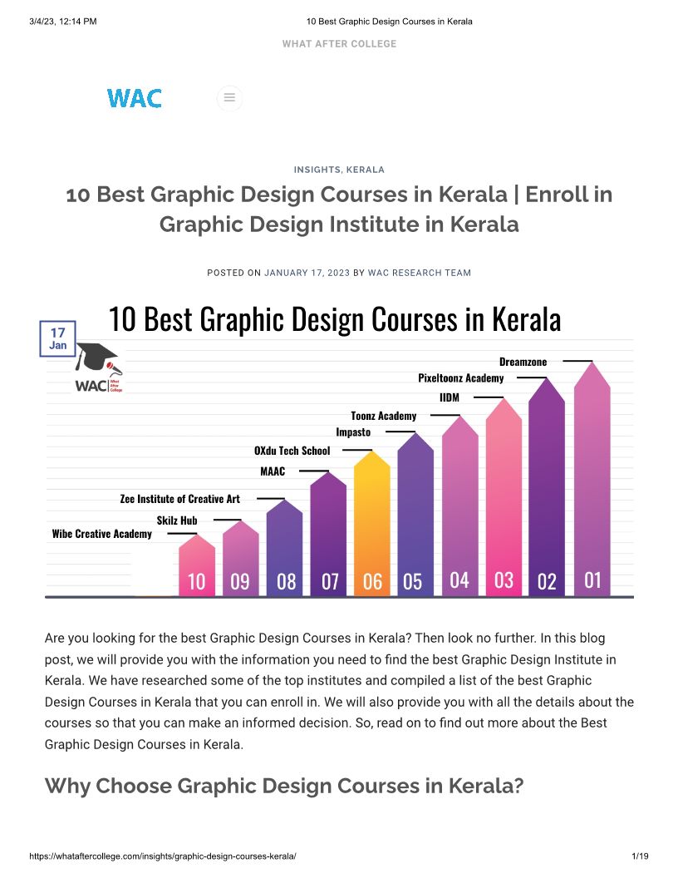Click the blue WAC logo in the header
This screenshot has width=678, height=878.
(134, 98)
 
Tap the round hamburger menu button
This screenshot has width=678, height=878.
(229, 98)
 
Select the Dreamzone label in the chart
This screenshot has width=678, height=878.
(523, 362)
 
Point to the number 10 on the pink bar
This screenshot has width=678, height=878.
(196, 581)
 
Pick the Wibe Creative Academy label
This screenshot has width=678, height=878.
(101, 534)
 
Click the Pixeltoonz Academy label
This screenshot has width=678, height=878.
(460, 378)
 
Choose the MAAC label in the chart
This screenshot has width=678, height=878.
(273, 471)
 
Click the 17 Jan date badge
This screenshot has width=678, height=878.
(58, 338)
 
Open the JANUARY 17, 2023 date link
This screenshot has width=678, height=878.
(307, 273)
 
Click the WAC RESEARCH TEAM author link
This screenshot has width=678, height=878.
(419, 273)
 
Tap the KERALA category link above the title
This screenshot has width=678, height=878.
(365, 170)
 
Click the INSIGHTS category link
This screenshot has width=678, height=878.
(317, 170)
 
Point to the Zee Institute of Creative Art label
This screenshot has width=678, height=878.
(179, 499)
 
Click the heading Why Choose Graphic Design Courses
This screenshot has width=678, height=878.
(283, 786)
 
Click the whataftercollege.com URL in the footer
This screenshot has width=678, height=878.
(162, 856)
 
